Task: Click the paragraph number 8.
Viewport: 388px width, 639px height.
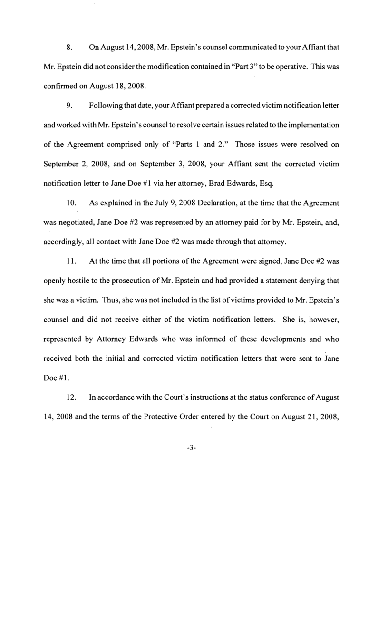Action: [69, 48]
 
